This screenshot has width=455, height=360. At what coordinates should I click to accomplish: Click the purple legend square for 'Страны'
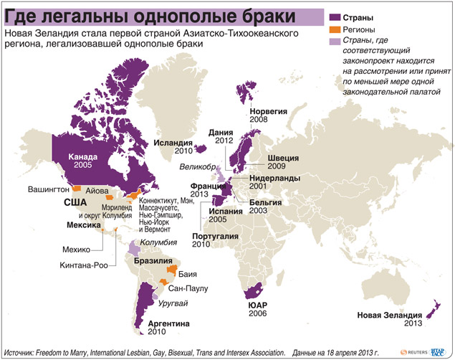pyautogui.click(x=334, y=15)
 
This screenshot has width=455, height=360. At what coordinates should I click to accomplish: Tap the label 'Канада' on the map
pyautogui.click(x=82, y=156)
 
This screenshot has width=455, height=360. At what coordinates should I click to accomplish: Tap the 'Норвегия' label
pyautogui.click(x=268, y=112)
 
